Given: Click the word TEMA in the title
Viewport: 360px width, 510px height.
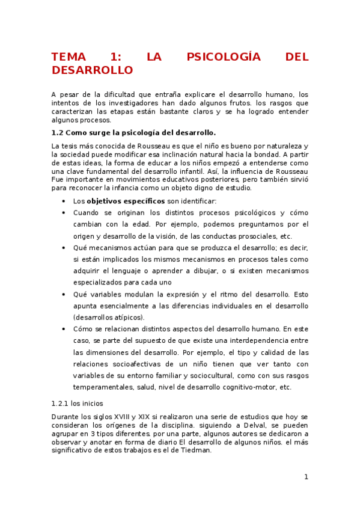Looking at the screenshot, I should click(70, 57).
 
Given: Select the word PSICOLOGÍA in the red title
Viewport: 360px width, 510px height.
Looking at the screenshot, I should click(224, 57).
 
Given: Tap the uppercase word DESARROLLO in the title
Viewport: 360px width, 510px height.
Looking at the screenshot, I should click(92, 70).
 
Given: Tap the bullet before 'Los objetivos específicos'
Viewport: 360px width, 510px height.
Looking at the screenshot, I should click(64, 201).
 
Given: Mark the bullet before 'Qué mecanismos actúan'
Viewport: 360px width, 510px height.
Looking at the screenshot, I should click(64, 247).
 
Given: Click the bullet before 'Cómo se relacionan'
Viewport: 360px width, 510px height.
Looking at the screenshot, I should click(64, 329).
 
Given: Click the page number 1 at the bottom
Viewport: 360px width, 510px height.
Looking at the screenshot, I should click(306, 477).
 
